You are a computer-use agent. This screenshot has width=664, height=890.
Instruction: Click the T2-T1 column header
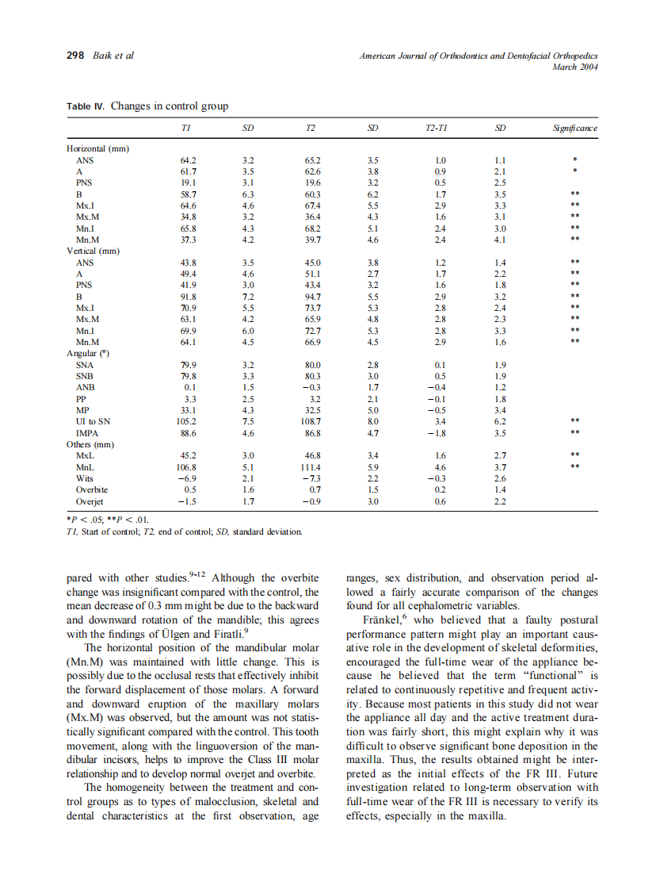click(437, 128)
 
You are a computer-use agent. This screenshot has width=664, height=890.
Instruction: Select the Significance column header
click(575, 128)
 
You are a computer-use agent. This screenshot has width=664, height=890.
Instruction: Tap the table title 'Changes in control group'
click(170, 106)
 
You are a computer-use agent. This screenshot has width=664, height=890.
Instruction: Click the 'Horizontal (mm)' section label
click(97, 148)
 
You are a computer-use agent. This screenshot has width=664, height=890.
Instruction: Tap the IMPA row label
click(87, 434)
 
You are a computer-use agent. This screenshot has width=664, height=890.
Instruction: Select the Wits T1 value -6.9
click(187, 479)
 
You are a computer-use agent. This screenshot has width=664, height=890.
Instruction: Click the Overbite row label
click(91, 490)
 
